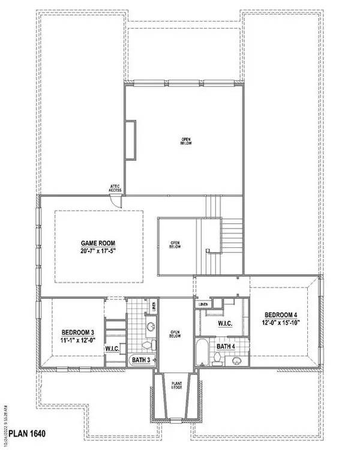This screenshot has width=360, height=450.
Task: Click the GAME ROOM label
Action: (98, 243)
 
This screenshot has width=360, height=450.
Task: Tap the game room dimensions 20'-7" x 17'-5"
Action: (98, 251)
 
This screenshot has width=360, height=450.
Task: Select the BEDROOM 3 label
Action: (77, 332)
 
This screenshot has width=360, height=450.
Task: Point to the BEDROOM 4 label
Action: (279, 314)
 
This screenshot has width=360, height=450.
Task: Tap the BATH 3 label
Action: (144, 359)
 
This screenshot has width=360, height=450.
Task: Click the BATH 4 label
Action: (226, 346)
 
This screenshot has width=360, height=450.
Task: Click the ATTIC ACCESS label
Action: (115, 188)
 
